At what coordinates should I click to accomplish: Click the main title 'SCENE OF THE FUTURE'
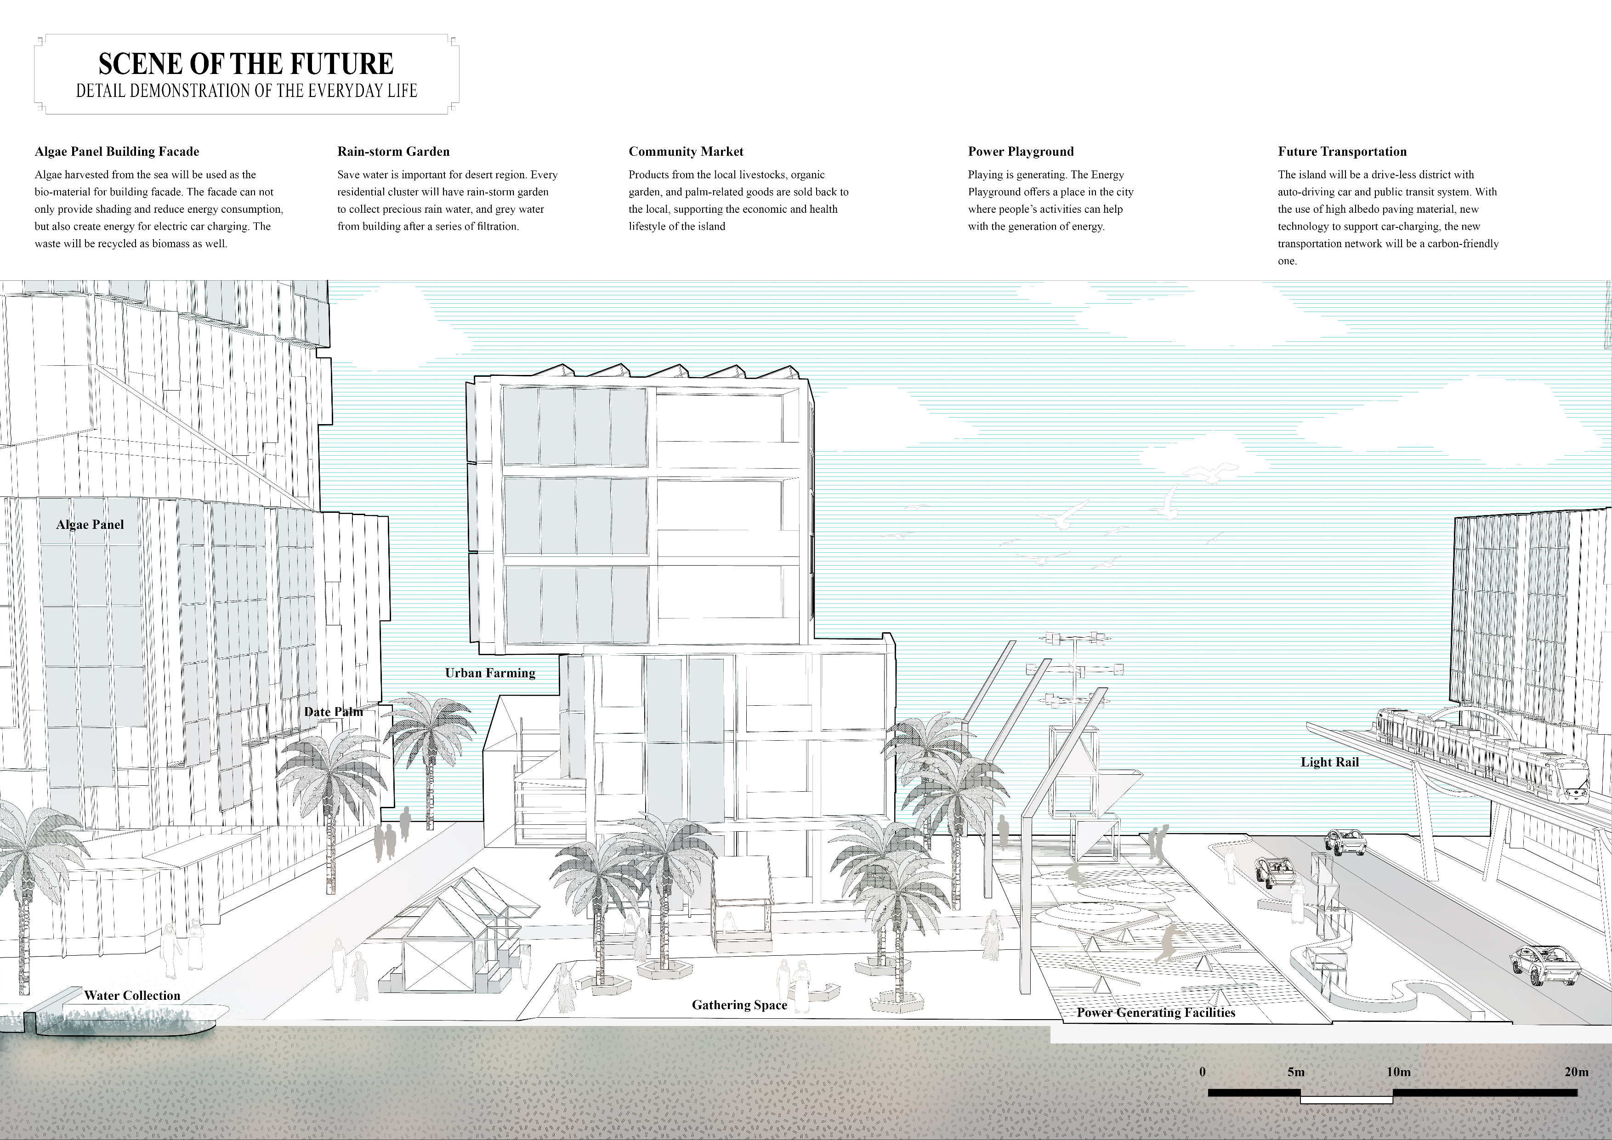click(x=246, y=64)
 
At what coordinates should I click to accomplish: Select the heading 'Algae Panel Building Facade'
click(x=117, y=152)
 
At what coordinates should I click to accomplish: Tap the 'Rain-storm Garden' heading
click(x=393, y=152)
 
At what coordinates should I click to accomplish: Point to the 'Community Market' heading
click(x=686, y=152)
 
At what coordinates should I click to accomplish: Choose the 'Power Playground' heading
click(x=1021, y=152)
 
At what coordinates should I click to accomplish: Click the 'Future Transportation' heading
click(x=1342, y=152)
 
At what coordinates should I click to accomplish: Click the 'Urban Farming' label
click(x=490, y=673)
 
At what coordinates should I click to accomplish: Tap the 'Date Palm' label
click(x=334, y=711)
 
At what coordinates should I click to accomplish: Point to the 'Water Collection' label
click(x=132, y=995)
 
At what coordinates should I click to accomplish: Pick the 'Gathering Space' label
click(x=739, y=1005)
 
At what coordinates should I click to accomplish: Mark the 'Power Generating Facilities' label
click(x=1156, y=1012)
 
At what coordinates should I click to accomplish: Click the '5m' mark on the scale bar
click(x=1296, y=1072)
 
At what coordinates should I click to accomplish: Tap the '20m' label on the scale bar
click(x=1576, y=1072)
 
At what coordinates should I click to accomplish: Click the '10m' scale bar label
click(x=1398, y=1072)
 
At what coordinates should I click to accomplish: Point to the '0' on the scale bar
click(x=1203, y=1072)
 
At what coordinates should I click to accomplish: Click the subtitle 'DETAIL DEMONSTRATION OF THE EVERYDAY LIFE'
click(x=246, y=91)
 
